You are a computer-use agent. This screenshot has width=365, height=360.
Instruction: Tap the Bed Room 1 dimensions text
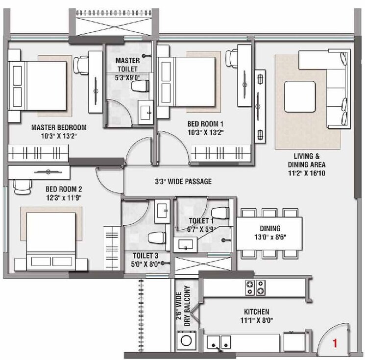(208, 133)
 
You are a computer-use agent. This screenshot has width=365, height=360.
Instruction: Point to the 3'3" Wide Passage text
(182, 181)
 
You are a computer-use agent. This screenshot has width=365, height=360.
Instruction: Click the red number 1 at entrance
(335, 343)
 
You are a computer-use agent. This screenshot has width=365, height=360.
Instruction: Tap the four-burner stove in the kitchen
(254, 287)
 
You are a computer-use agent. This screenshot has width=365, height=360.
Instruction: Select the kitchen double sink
(218, 342)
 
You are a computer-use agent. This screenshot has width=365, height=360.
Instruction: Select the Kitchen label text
(257, 312)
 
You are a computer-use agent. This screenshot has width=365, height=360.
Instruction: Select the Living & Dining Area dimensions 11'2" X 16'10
(307, 172)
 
